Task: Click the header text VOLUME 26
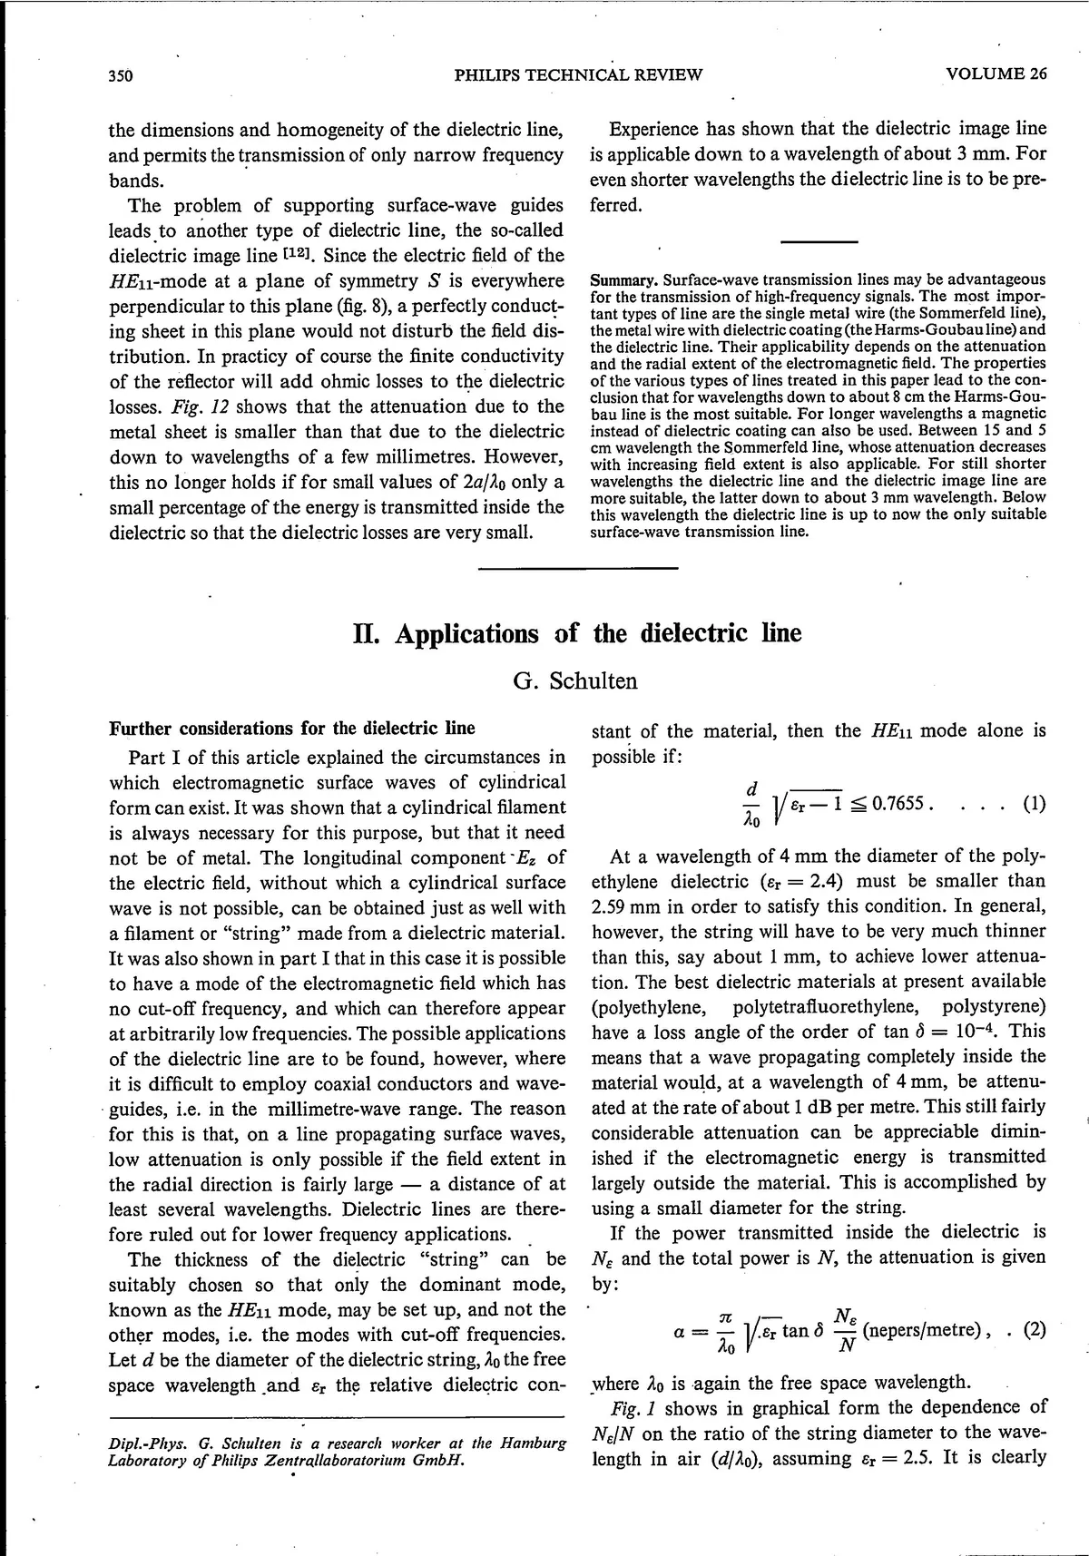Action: (996, 74)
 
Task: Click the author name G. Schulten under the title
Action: (575, 680)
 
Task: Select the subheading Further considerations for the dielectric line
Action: (291, 729)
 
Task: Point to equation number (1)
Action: (1034, 803)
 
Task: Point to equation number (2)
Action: (1034, 1330)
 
